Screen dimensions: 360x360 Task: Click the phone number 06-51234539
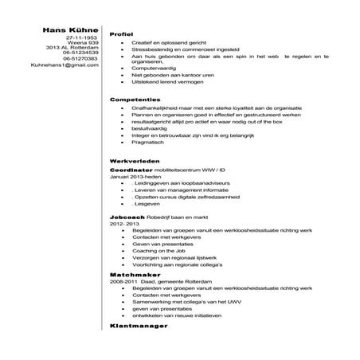pyautogui.click(x=79, y=53)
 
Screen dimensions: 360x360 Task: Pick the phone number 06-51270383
pyautogui.click(x=79, y=58)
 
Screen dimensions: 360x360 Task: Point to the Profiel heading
pyautogui.click(x=121, y=35)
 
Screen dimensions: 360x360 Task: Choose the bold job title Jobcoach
pyautogui.click(x=127, y=217)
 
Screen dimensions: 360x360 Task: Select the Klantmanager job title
pyautogui.click(x=137, y=327)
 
